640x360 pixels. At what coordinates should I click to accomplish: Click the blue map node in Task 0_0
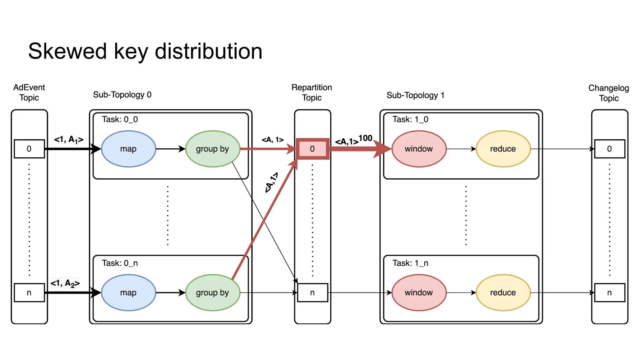pos(128,149)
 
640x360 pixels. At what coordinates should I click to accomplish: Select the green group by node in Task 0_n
pos(212,292)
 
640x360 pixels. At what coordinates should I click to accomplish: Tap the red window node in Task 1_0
pos(419,149)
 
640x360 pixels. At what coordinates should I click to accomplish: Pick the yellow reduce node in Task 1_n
pos(503,292)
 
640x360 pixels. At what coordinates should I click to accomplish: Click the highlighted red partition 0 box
pos(312,149)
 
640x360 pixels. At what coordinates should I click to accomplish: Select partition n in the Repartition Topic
pos(312,292)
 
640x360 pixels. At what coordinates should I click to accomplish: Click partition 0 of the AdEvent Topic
pos(29,149)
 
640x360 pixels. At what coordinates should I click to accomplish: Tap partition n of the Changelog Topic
pos(609,292)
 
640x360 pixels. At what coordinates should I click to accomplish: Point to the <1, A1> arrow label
pos(69,139)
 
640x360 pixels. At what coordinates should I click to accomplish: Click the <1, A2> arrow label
pos(65,283)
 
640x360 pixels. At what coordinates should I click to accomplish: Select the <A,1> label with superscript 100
pos(353,140)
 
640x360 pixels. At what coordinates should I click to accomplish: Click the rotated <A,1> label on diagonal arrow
pos(271,182)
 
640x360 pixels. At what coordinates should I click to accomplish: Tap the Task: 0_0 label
pos(120,119)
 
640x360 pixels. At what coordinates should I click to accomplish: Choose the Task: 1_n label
pos(410,263)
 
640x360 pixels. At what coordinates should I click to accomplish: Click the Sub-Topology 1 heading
pos(415,95)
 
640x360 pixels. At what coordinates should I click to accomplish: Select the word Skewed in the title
pos(67,52)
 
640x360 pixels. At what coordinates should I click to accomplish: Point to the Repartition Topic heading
pos(312,92)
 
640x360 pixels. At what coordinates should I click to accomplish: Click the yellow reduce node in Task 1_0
pos(503,149)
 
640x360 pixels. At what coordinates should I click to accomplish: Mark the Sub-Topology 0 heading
pos(122,95)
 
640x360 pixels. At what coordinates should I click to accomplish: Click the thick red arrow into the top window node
pos(359,149)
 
